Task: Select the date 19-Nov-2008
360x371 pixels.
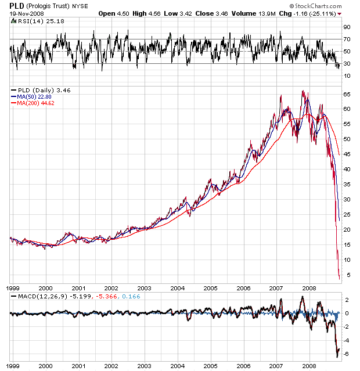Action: click(x=26, y=13)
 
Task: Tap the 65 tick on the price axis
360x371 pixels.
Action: click(x=346, y=93)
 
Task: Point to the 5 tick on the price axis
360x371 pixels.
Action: click(x=346, y=275)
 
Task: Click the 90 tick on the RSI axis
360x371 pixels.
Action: click(x=346, y=27)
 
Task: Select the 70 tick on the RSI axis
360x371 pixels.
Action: click(x=346, y=39)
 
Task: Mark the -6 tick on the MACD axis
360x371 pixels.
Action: click(x=345, y=354)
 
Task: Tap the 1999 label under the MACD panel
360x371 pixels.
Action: click(x=13, y=366)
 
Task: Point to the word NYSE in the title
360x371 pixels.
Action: click(x=80, y=6)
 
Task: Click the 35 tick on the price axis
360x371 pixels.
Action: click(x=346, y=184)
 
